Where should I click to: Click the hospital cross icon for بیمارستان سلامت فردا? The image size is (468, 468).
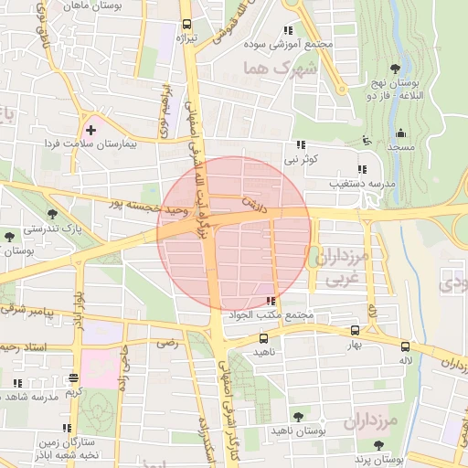[x=90, y=131]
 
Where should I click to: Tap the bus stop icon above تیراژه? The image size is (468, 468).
[x=186, y=25]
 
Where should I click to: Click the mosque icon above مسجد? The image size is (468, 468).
[x=399, y=133]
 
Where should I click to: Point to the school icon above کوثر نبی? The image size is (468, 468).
[x=300, y=145]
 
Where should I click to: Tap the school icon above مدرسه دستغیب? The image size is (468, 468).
[x=363, y=169]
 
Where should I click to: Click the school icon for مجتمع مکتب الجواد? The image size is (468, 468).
[x=270, y=301]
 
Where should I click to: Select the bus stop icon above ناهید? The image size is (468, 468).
[x=263, y=337]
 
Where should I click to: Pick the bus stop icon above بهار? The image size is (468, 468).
[x=355, y=331]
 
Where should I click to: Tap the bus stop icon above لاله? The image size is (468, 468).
[x=405, y=346]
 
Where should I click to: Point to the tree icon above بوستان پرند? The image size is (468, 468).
[x=378, y=445]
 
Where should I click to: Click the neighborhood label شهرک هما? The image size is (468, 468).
[x=280, y=69]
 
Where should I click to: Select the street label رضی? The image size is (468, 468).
[x=166, y=344]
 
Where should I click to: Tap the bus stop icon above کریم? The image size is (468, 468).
[x=73, y=378]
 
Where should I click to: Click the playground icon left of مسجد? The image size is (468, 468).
[x=367, y=141]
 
